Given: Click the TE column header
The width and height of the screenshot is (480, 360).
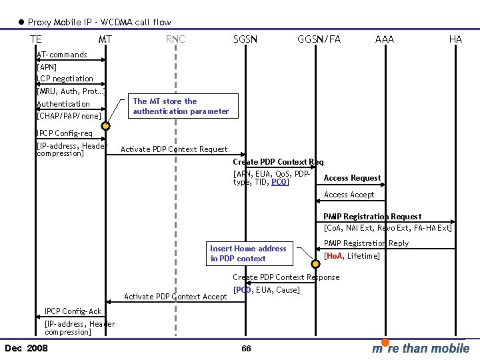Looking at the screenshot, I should pos(36,39).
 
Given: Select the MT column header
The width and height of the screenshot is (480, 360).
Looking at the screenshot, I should pos(105,39).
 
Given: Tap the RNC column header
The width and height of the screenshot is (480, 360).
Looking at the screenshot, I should pos(175,39).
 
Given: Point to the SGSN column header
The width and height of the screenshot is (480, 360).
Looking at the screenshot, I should pos(245,39).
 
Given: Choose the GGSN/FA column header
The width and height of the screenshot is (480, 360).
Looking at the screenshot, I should pos(319,39).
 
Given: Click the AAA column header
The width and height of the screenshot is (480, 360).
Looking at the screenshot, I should pos(385,39).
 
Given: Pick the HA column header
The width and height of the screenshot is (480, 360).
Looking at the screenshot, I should pos(455,39).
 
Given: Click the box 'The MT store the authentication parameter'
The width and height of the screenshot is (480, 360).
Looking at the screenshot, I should pos(181,107).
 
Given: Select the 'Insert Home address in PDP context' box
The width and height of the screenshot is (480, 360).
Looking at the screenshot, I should pos(248,253).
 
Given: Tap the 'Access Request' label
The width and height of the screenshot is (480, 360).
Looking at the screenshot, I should pos(352,178).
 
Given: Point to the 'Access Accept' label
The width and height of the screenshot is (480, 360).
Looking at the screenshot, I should pos(349,195).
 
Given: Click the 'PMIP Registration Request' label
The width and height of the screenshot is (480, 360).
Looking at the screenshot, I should pos(372,217).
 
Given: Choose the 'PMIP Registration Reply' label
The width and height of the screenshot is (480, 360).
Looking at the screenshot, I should pos(366,243).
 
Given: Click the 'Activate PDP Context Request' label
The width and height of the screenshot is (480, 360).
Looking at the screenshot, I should pos(174,149).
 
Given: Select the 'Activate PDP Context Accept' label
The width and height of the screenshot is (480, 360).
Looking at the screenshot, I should pos(176,297).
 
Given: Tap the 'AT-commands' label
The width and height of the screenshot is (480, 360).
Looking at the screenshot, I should pos(62,55).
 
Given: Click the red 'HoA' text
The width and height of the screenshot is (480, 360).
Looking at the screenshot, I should pos(333,256).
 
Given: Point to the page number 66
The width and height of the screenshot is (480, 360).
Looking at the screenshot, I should pos(246,349).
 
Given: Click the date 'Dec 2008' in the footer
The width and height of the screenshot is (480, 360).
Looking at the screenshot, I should pos(26,348).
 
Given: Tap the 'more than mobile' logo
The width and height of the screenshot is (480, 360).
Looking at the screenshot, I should pos(421,348).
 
